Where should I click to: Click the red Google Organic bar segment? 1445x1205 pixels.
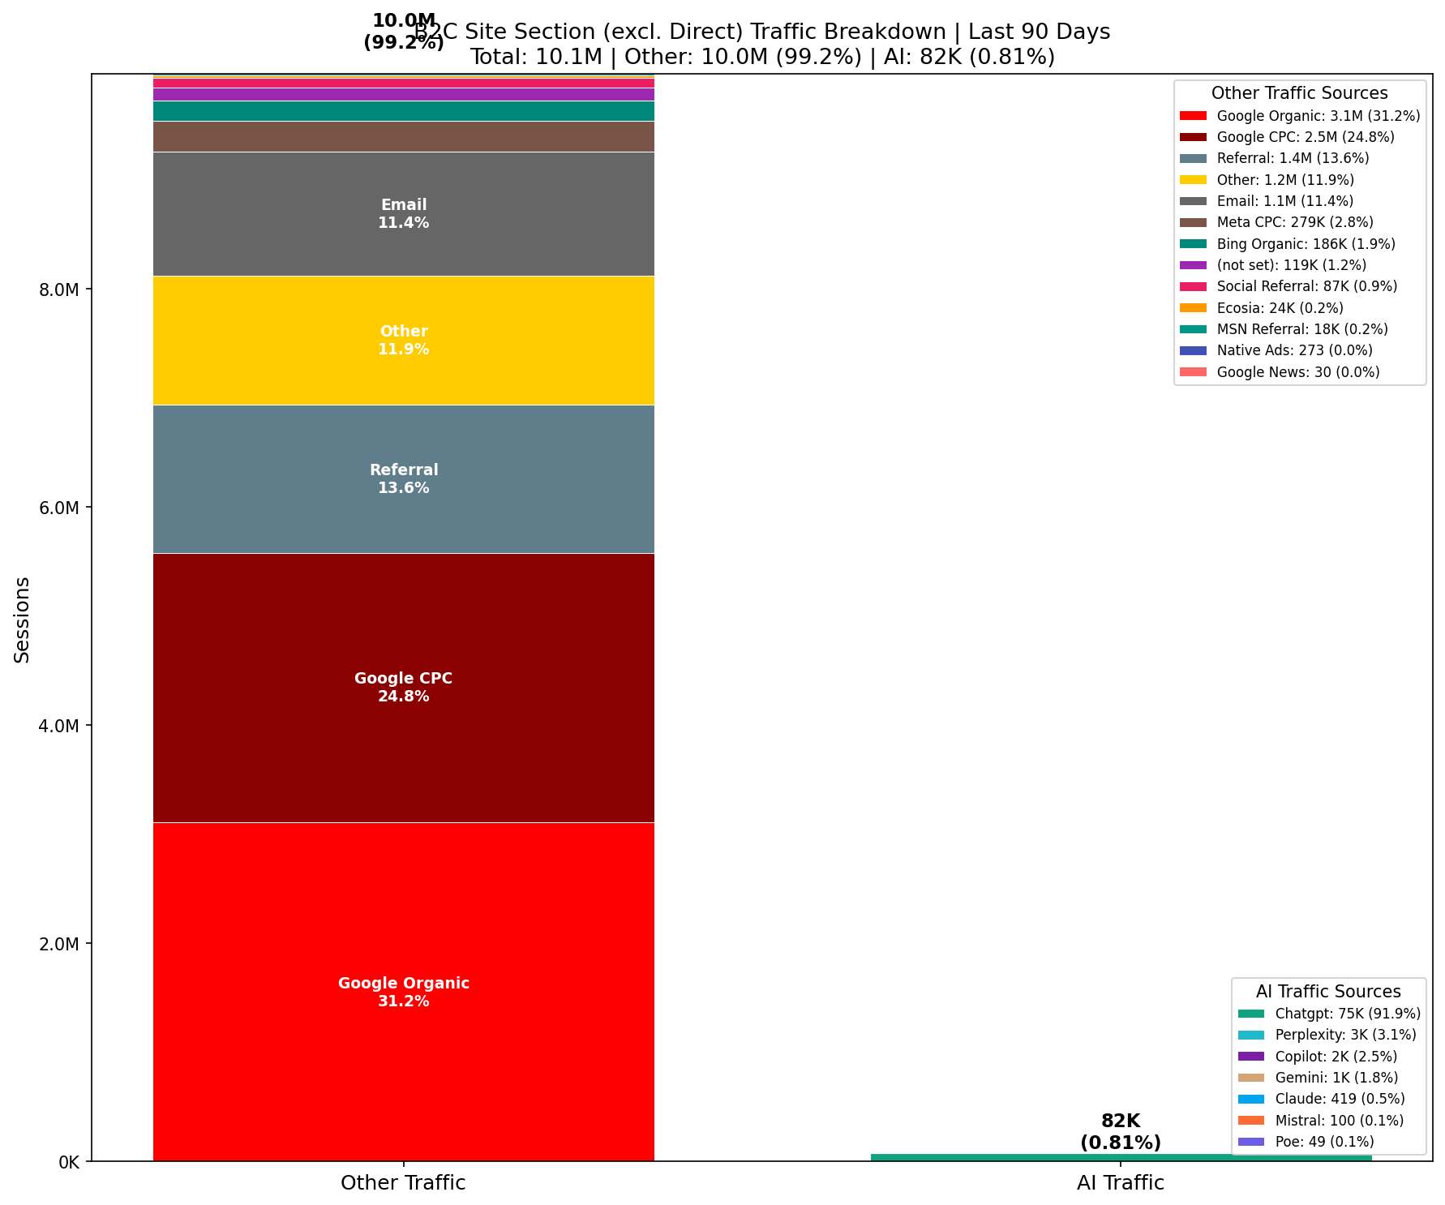(x=403, y=908)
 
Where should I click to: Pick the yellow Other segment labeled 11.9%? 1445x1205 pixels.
(x=403, y=373)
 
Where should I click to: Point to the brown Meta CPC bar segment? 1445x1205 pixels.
(x=403, y=136)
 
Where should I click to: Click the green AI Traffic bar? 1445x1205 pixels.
(x=1121, y=1157)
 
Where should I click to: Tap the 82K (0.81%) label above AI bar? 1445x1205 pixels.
(x=1121, y=1132)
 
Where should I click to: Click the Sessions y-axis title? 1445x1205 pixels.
(x=22, y=620)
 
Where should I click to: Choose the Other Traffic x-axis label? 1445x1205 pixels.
(x=403, y=1183)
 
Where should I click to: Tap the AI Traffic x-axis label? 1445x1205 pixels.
(x=1121, y=1183)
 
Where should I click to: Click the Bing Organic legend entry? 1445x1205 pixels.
(x=1306, y=244)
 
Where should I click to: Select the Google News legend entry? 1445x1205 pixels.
(x=1297, y=372)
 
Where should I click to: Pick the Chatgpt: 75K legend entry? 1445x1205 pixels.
(x=1347, y=1014)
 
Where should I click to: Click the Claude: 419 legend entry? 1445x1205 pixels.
(x=1339, y=1099)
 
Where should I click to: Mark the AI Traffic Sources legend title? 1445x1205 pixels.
(x=1328, y=992)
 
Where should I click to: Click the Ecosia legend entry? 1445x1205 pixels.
(x=1280, y=308)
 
